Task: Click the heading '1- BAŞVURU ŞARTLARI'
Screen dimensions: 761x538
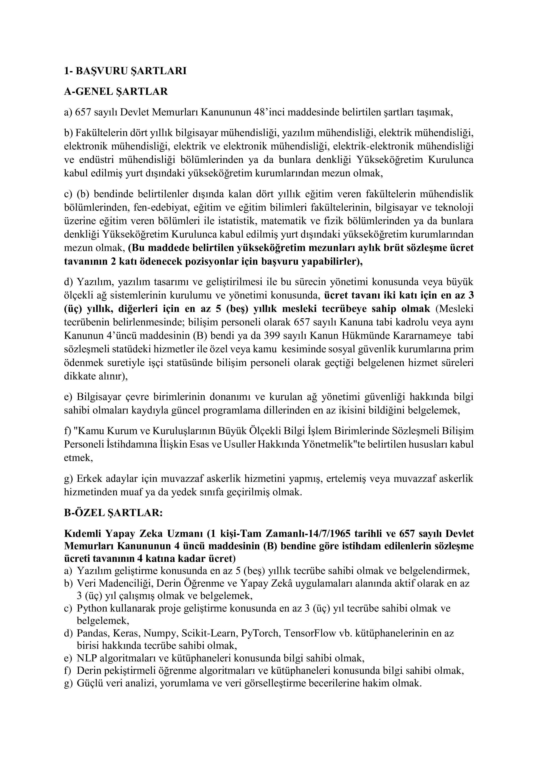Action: (x=125, y=71)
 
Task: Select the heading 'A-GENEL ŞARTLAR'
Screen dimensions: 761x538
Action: (x=116, y=92)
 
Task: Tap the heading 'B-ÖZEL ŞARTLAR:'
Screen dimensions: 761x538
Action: (x=113, y=513)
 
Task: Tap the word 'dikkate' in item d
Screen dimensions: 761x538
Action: (x=76, y=377)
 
